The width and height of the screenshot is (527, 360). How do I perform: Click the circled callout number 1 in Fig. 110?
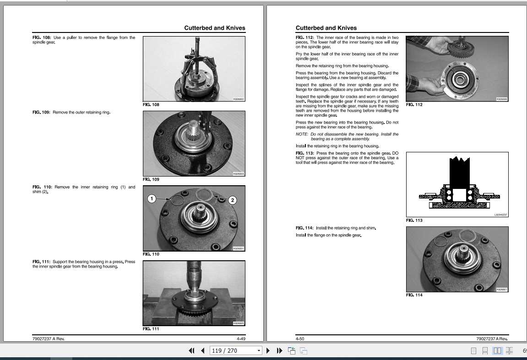point(152,199)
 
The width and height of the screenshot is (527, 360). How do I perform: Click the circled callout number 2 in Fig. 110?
point(232,200)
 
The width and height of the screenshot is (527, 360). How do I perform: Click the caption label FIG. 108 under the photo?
point(151,105)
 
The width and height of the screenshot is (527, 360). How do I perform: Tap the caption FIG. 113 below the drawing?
point(414,220)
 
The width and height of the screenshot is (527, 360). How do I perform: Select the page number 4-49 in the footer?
point(241,339)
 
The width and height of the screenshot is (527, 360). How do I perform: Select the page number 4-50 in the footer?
point(300,339)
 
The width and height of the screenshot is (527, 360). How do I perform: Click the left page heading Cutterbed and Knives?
point(214,28)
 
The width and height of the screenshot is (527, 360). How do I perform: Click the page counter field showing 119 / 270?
point(235,351)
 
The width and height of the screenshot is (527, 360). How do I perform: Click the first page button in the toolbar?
point(191,351)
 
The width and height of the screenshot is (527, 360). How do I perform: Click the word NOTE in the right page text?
point(302,134)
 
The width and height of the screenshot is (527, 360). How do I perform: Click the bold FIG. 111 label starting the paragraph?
point(41,262)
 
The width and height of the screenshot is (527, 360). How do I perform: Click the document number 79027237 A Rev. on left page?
point(49,339)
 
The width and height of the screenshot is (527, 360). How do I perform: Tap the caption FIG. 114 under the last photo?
point(414,295)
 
